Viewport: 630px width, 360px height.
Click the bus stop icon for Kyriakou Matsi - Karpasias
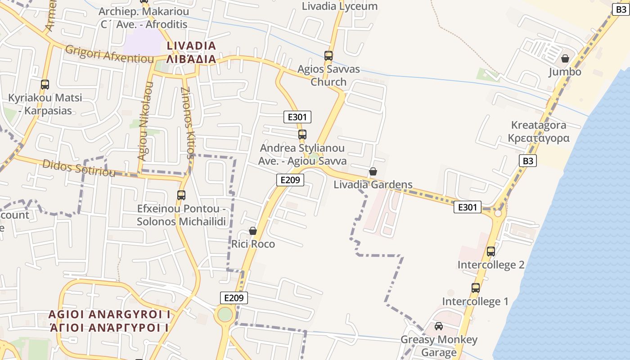point(45,84)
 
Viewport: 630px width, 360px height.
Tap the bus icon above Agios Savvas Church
point(328,56)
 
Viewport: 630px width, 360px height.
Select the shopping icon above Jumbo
point(565,58)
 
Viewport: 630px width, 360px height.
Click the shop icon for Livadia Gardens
point(373,171)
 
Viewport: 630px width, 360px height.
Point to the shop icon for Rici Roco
point(253,231)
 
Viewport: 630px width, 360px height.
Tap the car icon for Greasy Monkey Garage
point(439,326)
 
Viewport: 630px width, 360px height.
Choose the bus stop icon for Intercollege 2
point(491,251)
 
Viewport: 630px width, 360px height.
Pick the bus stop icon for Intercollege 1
point(476,288)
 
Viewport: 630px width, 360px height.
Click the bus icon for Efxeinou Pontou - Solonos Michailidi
point(181,195)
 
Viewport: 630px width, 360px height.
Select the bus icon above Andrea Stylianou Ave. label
point(302,134)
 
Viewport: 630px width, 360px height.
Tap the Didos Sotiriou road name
point(79,168)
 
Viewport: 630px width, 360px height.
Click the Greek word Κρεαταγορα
point(539,138)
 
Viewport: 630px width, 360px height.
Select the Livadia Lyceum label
point(340,6)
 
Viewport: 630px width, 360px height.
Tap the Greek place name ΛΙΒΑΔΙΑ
point(191,59)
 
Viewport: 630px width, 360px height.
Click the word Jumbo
point(565,72)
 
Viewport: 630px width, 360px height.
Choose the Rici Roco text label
point(253,244)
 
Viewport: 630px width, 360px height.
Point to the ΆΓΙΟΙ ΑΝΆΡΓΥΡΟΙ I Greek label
point(109,328)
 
